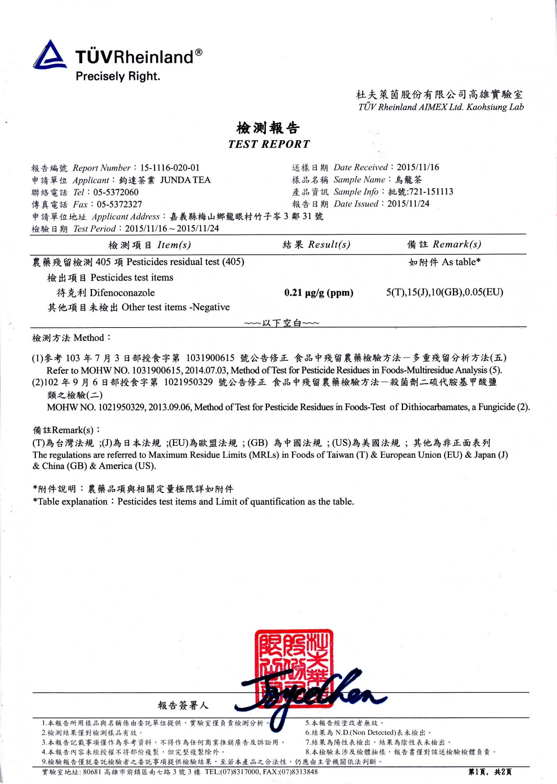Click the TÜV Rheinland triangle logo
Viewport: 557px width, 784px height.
49,55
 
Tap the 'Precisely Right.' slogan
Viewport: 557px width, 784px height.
118,76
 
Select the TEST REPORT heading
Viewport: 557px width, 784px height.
269,144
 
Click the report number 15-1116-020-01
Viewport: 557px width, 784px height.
170,168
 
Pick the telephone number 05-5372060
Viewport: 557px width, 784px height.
116,192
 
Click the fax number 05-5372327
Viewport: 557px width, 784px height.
119,204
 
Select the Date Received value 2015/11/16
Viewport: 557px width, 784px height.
418,167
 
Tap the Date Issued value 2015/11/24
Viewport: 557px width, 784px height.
408,204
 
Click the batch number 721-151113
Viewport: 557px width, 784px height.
431,192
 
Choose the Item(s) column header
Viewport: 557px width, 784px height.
174,245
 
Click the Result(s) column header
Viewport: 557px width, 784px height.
329,245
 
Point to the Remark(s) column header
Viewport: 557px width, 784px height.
457,244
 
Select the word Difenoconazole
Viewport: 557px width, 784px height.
122,293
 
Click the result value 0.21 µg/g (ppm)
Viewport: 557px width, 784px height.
319,293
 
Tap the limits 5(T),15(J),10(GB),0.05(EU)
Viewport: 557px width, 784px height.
445,292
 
